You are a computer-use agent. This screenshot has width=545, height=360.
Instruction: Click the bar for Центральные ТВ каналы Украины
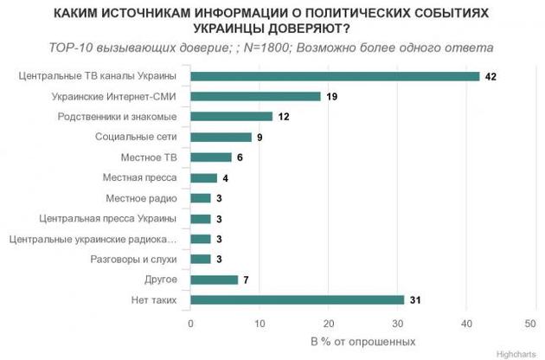[x=335, y=76]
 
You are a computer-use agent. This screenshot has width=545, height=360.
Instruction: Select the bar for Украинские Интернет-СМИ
[x=255, y=96]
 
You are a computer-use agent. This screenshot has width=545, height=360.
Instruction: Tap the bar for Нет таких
[x=297, y=300]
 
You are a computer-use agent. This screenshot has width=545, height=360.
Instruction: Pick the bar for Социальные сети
[x=221, y=137]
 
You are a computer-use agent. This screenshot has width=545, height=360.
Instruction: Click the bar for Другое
[x=214, y=280]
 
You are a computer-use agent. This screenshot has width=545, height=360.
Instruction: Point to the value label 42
[x=490, y=76]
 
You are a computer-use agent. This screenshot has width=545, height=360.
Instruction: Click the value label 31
[x=416, y=300]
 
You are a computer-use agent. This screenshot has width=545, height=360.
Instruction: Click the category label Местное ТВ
[x=153, y=157]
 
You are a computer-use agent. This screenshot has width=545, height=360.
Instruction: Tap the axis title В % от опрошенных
[x=362, y=342]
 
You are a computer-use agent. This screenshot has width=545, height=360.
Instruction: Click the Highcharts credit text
[x=516, y=353]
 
